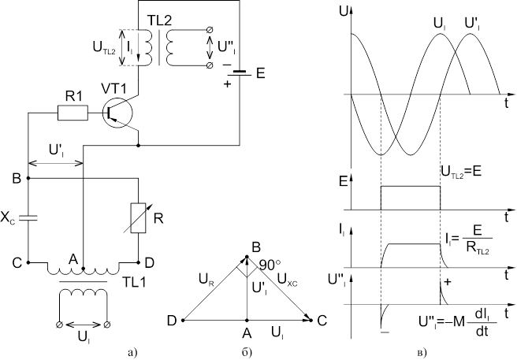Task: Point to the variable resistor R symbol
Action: tap(138, 217)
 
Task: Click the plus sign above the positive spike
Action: tap(448, 281)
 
